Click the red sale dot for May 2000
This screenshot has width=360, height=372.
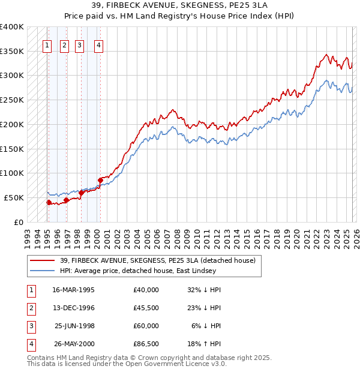tap(100, 180)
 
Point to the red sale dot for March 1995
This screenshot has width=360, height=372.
tap(49, 202)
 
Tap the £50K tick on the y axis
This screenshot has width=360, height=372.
tap(14, 197)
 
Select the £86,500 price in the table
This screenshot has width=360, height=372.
tap(146, 344)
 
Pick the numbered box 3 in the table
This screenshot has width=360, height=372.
tap(30, 326)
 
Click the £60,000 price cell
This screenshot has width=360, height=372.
tap(146, 326)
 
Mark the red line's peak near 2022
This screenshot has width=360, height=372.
tap(326, 55)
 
